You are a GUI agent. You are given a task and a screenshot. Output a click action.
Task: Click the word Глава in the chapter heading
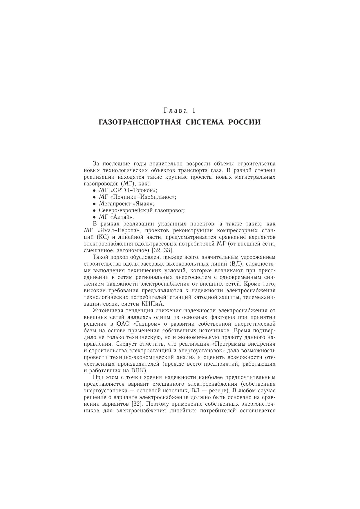176,111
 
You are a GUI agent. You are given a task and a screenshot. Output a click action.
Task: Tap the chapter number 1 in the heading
193,111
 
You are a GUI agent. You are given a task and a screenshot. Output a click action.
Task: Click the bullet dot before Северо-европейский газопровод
94,211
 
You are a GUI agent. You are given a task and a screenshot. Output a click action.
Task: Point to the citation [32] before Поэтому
136,404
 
